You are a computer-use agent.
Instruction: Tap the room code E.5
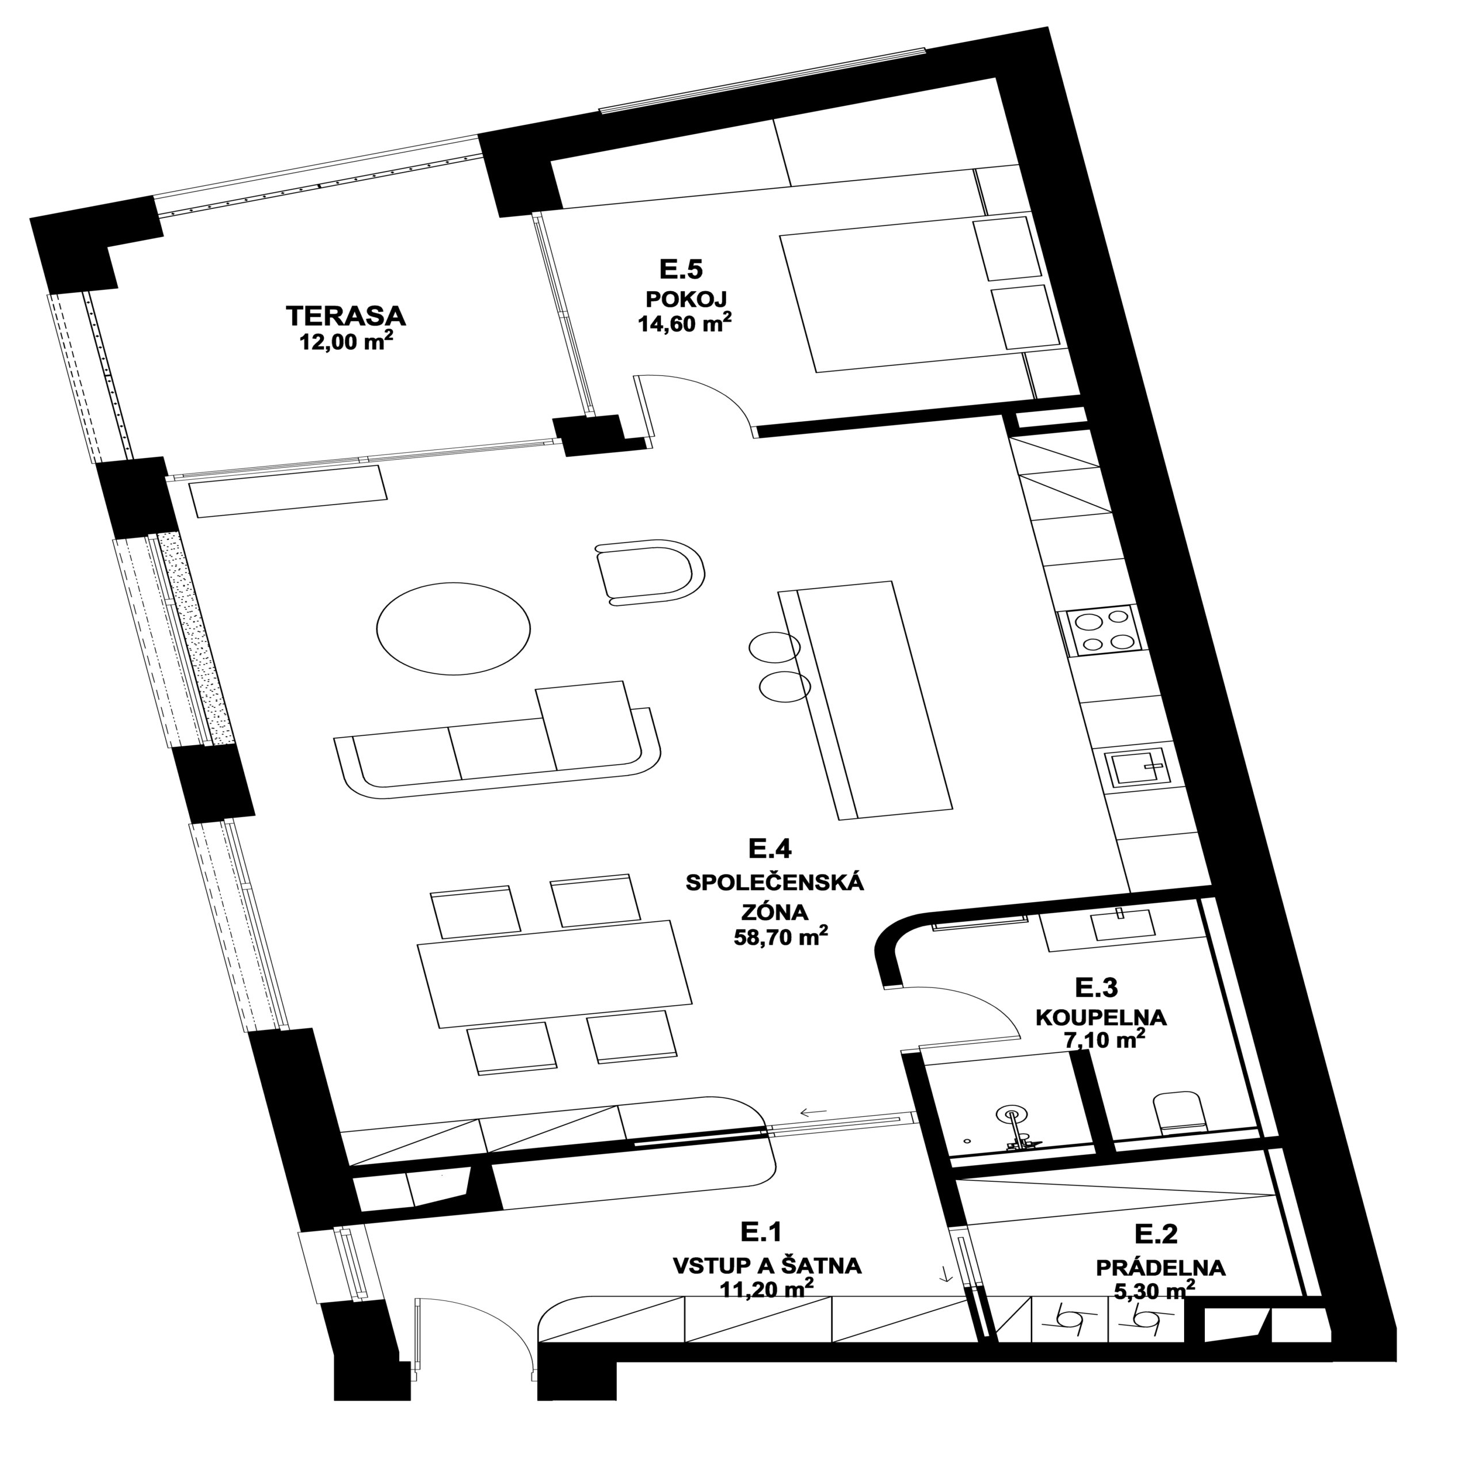[x=681, y=269]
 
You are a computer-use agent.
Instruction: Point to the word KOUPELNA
[x=1101, y=1017]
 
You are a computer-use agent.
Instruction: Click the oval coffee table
[x=453, y=628]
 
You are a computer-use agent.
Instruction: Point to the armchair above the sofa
[x=649, y=573]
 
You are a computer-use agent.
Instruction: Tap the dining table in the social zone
[x=554, y=974]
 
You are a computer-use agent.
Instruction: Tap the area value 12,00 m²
[x=347, y=341]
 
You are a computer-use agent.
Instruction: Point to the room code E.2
[x=1156, y=1234]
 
